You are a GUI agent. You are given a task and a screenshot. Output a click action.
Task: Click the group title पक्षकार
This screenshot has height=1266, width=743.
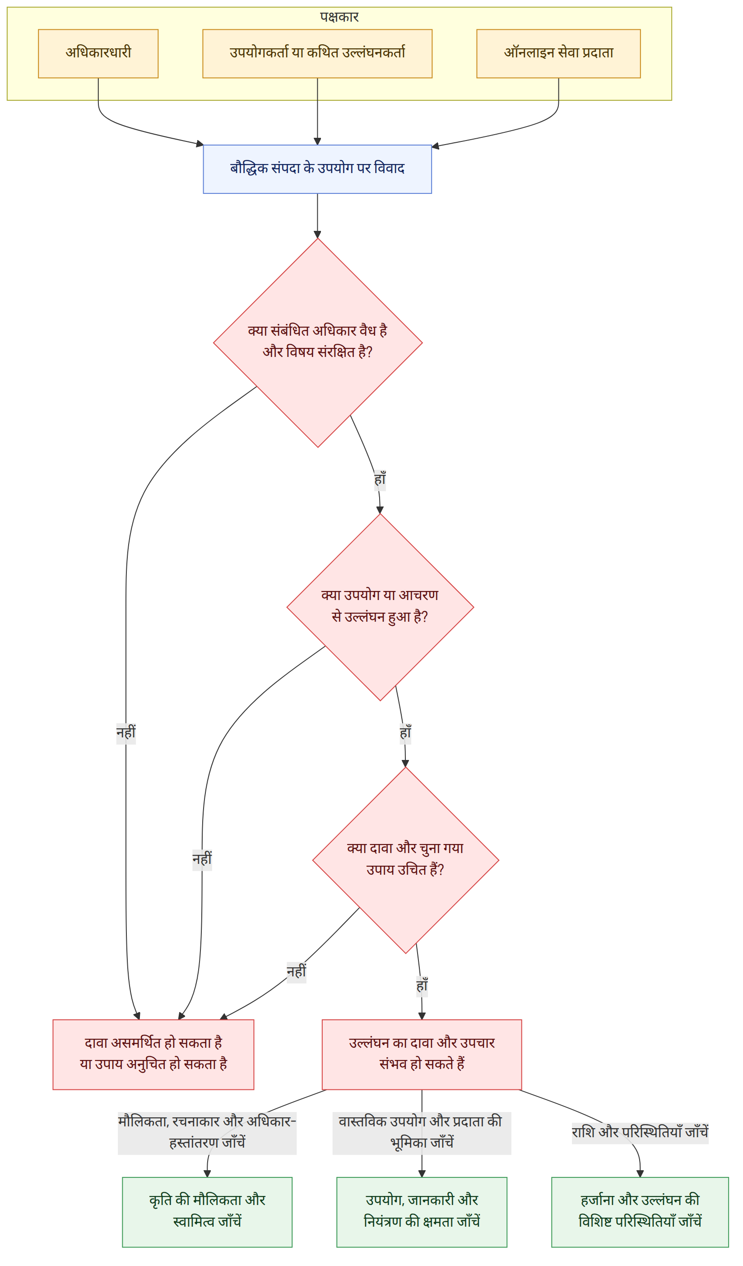coord(339,17)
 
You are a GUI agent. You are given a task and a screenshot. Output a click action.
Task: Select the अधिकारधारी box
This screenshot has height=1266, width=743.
coord(98,54)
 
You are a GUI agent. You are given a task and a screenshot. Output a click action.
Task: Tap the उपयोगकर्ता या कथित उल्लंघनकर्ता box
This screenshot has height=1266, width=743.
coord(317,54)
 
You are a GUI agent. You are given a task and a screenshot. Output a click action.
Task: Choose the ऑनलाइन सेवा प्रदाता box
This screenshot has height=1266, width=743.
coord(558,54)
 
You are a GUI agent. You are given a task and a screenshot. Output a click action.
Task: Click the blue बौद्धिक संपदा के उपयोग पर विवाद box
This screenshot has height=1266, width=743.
coord(317,169)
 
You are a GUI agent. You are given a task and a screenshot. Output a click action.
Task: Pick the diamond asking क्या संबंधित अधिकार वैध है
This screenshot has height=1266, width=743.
coord(318,342)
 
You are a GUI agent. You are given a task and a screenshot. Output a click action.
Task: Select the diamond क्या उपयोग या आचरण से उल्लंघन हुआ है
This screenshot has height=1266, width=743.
coord(380,607)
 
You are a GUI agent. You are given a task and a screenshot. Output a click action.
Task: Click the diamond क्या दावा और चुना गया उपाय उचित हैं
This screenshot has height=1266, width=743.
coord(406,860)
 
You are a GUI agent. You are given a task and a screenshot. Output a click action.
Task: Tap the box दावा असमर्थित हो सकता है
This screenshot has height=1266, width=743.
coord(153,1055)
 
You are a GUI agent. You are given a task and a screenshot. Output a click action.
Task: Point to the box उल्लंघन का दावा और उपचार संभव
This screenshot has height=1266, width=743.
coord(422,1055)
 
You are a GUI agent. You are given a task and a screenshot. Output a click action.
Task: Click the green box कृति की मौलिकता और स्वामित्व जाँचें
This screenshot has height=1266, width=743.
coord(207,1212)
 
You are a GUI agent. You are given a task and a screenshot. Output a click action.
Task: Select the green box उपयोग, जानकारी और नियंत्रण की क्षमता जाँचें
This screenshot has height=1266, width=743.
coord(422,1212)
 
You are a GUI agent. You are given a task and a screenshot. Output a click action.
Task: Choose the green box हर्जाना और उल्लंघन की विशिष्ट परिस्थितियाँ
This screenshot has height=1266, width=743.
coord(640,1212)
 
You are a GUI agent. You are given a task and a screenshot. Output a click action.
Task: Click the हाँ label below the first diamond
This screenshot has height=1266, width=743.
coord(380,480)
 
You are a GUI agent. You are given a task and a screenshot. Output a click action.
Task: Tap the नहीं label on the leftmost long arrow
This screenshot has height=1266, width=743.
coord(126,733)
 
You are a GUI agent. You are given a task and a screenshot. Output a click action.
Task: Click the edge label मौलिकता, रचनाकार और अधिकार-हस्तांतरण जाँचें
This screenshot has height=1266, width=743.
coord(207,1133)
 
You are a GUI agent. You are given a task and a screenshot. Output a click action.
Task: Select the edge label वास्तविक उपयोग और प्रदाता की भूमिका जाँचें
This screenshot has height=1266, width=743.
coord(422,1133)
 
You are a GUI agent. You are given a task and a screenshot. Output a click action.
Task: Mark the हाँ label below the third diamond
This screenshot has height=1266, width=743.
coord(422,987)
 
